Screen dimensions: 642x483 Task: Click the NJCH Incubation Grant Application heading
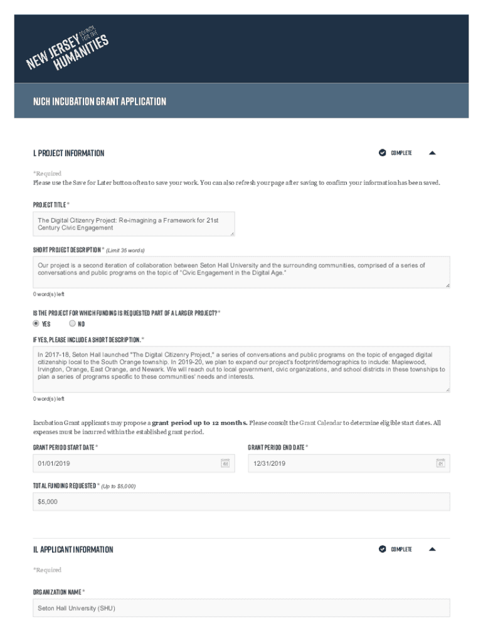[100, 101]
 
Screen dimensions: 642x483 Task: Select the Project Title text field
[134, 224]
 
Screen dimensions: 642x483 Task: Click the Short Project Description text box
[242, 272]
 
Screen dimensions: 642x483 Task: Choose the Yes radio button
[36, 324]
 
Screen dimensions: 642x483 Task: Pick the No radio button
[72, 324]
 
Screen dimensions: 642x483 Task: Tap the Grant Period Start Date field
[125, 463]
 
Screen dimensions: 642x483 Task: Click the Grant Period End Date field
[342, 463]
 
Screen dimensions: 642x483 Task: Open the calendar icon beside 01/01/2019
[225, 463]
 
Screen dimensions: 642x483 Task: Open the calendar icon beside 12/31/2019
[440, 463]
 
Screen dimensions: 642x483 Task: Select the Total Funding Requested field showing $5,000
[242, 502]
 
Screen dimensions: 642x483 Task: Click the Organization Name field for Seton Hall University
[242, 608]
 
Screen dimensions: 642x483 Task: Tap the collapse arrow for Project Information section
[432, 153]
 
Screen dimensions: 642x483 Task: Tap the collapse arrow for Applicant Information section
[432, 549]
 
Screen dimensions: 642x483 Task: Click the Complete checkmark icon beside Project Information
[383, 153]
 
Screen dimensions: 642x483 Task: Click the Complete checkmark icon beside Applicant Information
[383, 549]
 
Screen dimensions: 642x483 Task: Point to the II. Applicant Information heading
[73, 550]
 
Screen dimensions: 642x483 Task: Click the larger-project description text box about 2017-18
[242, 369]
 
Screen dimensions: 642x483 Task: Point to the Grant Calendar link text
[320, 423]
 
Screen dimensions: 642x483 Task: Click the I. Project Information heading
[69, 153]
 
